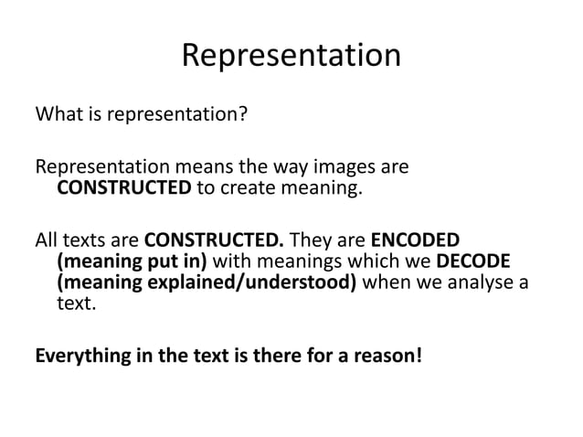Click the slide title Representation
pos(291,56)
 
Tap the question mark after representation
pos(244,117)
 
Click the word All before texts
pos(46,240)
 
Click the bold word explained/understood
pos(264,282)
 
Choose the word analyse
pos(482,282)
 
